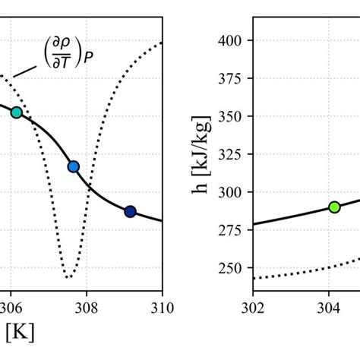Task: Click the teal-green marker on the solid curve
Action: pyautogui.click(x=16, y=112)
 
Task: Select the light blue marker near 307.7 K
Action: pyautogui.click(x=74, y=166)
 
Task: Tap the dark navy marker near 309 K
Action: pyautogui.click(x=130, y=211)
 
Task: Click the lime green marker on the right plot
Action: pyautogui.click(x=334, y=207)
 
